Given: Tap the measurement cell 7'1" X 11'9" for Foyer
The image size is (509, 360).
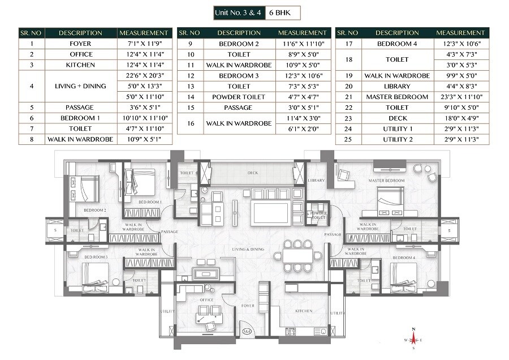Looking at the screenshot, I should tap(144, 44).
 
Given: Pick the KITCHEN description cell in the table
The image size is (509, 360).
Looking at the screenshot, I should tap(80, 65).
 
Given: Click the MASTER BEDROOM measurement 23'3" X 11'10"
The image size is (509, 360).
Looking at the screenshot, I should tap(460, 97).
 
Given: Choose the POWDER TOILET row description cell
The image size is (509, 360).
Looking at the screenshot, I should tap(239, 97).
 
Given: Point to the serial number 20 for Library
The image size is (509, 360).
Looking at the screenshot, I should tap(348, 86).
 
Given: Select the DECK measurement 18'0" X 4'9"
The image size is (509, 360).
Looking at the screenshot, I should tap(460, 118).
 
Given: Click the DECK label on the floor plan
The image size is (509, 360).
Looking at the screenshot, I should tap(252, 173).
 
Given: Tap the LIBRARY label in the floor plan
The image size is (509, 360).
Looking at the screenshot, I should tap(316, 180).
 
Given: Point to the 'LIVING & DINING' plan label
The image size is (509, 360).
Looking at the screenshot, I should tap(247, 249).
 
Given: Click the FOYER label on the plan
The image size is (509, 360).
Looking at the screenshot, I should tap(248, 306).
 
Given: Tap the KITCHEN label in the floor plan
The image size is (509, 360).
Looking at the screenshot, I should tap(304, 311).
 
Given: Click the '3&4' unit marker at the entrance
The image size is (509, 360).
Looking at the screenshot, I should tap(247, 332).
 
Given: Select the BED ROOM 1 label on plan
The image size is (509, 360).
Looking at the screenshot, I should tap(149, 202).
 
